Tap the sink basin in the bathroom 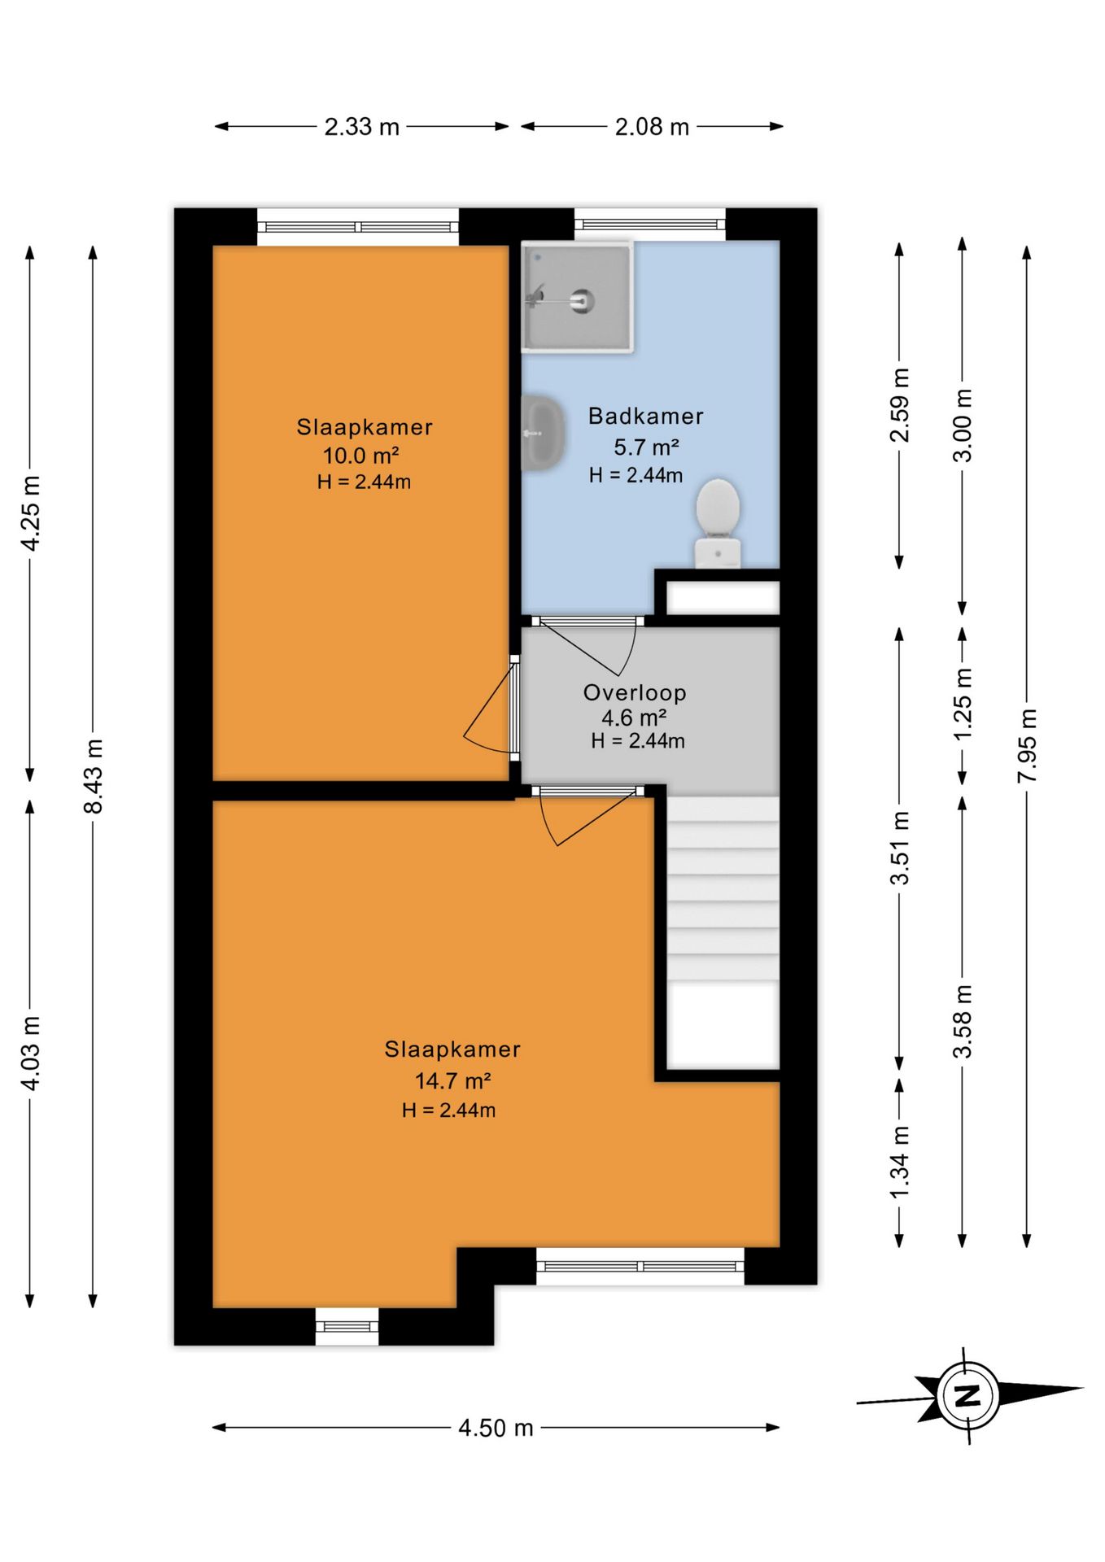[541, 433]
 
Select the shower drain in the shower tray [583, 301]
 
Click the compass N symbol [967, 1396]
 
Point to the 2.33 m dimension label [362, 127]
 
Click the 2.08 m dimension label [652, 127]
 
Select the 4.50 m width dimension [496, 1428]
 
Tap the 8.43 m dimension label [94, 776]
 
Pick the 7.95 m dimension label [1027, 746]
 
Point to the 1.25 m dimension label [962, 704]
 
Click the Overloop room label [635, 693]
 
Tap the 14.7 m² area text [452, 1080]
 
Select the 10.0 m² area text [361, 455]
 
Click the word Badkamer [646, 416]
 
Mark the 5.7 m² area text [646, 447]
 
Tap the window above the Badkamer [650, 224]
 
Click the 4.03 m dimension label [30, 1053]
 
